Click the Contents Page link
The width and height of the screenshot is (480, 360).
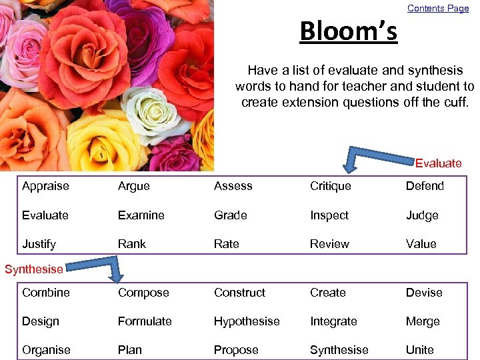click(x=438, y=9)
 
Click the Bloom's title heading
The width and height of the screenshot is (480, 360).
click(x=348, y=31)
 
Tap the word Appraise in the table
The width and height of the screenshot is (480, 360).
click(x=45, y=186)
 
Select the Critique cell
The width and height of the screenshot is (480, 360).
click(x=330, y=186)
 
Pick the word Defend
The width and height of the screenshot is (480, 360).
click(x=425, y=186)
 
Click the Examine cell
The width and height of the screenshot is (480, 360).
click(x=141, y=215)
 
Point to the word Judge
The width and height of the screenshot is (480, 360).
click(x=422, y=215)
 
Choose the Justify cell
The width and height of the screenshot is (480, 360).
click(x=39, y=244)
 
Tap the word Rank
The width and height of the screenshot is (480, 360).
click(x=131, y=244)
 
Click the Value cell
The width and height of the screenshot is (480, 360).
click(x=421, y=244)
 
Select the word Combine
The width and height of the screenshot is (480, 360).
click(x=45, y=293)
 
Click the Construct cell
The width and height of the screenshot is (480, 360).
click(x=239, y=293)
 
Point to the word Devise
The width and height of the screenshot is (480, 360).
click(x=423, y=293)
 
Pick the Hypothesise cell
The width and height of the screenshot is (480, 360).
click(x=247, y=321)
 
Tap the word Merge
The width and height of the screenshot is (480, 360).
click(x=423, y=321)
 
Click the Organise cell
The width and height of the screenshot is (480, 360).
click(x=46, y=350)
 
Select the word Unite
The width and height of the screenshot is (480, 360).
click(x=419, y=350)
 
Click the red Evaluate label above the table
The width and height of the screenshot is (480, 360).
click(x=438, y=163)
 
